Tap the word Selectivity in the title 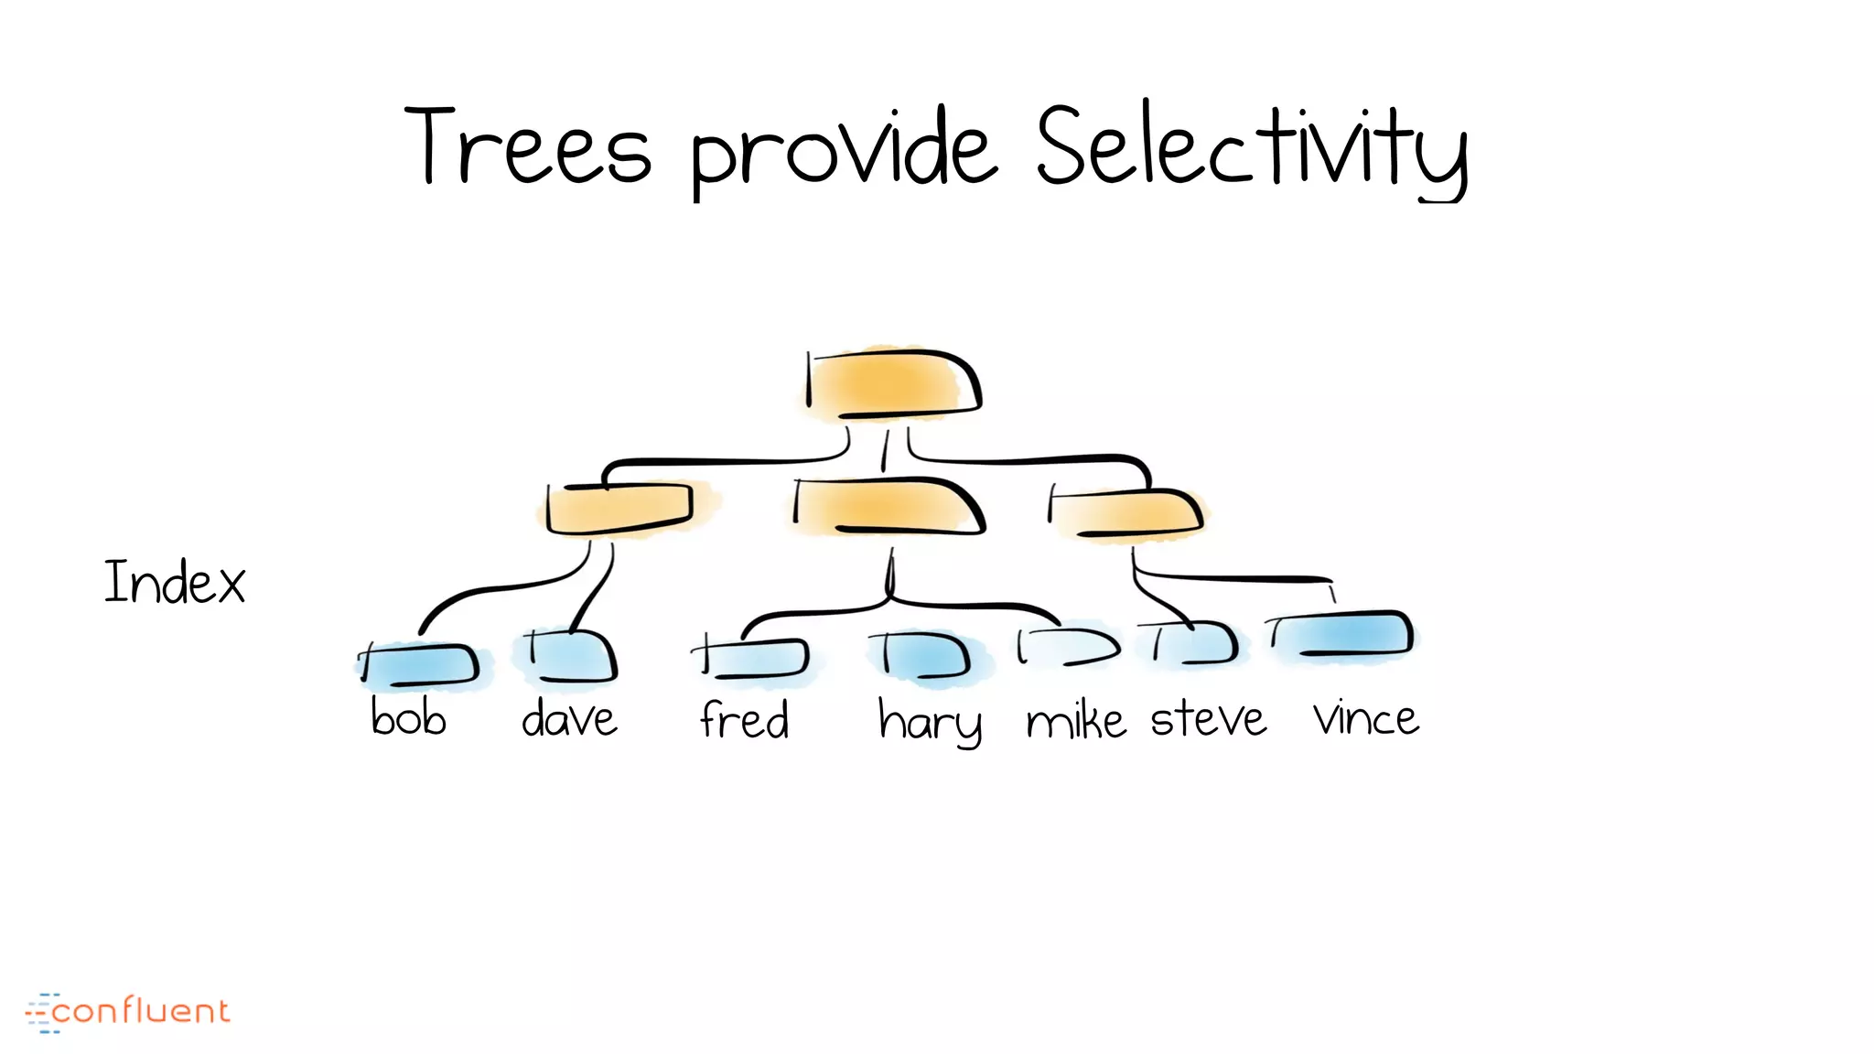click(1252, 151)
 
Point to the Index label click(175, 582)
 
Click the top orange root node click(892, 383)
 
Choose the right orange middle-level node click(1126, 512)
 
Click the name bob click(408, 717)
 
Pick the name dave click(569, 719)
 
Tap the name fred click(745, 719)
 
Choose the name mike click(1075, 721)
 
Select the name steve click(1208, 719)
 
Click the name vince click(1366, 719)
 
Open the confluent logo click(128, 1012)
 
